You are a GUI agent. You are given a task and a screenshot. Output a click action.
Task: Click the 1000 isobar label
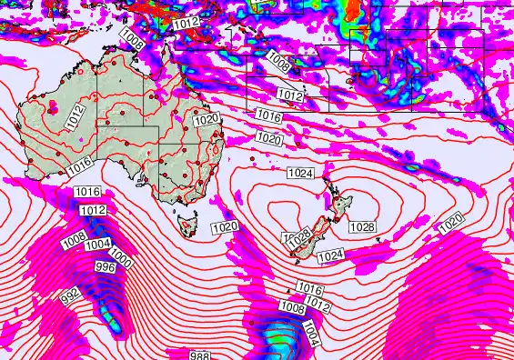click(x=122, y=264)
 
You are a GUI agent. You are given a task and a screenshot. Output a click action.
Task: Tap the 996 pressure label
click(x=106, y=266)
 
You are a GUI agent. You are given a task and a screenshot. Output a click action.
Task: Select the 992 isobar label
click(x=69, y=296)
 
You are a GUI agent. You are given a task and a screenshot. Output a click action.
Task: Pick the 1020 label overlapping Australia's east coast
click(x=207, y=119)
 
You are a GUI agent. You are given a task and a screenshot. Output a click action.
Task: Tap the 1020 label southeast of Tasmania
click(x=224, y=226)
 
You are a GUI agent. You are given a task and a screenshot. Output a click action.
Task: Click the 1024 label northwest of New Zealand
click(x=300, y=173)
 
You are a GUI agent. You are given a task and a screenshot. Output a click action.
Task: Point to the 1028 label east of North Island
click(x=362, y=226)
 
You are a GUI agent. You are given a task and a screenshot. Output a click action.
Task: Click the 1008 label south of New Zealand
click(x=292, y=308)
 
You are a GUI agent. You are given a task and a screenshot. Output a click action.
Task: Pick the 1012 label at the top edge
click(x=186, y=22)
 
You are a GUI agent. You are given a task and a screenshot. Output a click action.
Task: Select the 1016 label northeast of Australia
click(x=267, y=115)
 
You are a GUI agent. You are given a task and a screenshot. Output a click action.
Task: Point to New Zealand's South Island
click(x=309, y=238)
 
